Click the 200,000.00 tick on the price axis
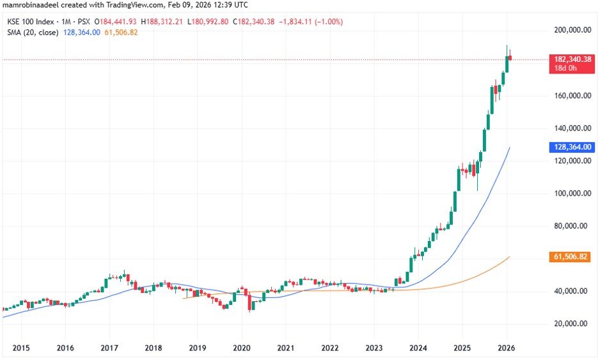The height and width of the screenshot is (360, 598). pyautogui.click(x=571, y=30)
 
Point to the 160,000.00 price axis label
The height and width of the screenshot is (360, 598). pyautogui.click(x=571, y=95)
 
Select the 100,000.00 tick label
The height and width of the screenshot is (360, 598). pyautogui.click(x=571, y=193)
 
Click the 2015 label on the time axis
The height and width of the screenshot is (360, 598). pyautogui.click(x=20, y=348)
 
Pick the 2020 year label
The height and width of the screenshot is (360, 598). pyautogui.click(x=241, y=348)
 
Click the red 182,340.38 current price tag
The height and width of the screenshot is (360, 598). pyautogui.click(x=573, y=59)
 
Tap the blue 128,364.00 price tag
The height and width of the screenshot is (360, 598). pyautogui.click(x=573, y=147)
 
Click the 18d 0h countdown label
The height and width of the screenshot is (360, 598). pyautogui.click(x=566, y=68)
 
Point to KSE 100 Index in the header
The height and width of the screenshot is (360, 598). pyautogui.click(x=28, y=22)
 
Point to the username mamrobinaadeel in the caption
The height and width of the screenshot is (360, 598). pyautogui.click(x=31, y=6)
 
